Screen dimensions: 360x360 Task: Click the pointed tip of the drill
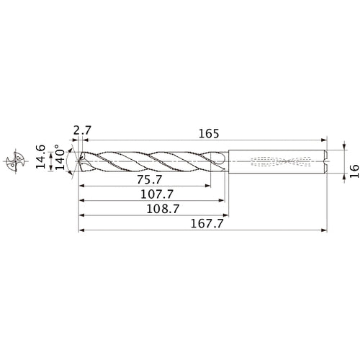pos(78,162)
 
